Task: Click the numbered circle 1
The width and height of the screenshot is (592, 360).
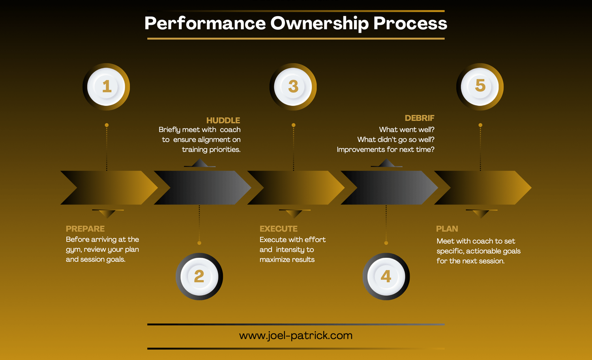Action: click(106, 86)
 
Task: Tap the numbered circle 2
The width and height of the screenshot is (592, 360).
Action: click(199, 276)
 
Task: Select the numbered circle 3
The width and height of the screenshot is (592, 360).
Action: click(293, 86)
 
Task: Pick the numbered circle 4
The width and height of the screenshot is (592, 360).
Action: click(386, 276)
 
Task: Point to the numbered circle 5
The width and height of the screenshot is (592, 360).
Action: click(480, 86)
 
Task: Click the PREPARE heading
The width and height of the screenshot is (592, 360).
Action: click(85, 229)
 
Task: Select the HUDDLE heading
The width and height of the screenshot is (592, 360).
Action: click(223, 120)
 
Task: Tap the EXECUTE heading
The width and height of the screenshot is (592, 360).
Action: click(279, 229)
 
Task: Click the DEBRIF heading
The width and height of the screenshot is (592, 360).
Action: click(420, 118)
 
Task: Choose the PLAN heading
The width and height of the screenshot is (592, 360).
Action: click(447, 229)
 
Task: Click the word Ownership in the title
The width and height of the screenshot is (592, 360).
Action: click(319, 23)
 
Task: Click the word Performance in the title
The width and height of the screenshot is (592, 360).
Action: click(205, 23)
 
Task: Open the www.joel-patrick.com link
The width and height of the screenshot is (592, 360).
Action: click(296, 336)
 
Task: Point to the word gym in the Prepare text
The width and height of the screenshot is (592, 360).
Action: click(73, 250)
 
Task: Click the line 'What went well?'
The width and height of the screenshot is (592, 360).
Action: click(407, 129)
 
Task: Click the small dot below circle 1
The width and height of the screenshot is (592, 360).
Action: click(107, 125)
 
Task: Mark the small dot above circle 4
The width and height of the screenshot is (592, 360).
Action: click(386, 243)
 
